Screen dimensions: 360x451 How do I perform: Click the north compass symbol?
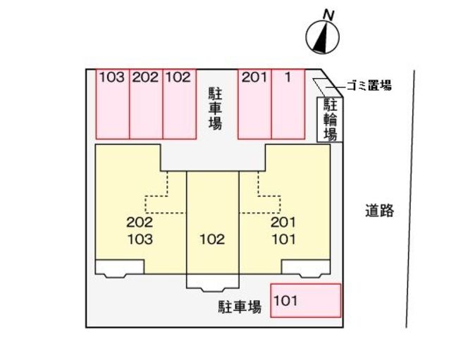(321, 37)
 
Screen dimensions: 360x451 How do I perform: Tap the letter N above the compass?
(327, 13)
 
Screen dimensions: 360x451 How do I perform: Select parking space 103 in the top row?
(112, 104)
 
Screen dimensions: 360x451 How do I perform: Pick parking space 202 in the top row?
(146, 104)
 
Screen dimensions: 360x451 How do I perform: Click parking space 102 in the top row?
(180, 104)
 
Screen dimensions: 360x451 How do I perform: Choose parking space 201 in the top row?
(254, 104)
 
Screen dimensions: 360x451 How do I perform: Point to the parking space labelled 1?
(288, 104)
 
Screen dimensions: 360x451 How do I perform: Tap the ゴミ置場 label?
(367, 86)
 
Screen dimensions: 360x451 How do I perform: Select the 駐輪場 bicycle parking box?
(329, 119)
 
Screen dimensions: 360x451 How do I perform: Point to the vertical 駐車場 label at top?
(216, 108)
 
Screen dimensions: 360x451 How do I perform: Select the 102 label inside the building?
(212, 240)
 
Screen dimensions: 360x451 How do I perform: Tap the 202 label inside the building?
(140, 223)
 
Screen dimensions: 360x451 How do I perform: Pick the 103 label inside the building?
(140, 238)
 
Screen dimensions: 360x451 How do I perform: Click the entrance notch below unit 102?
(212, 281)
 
